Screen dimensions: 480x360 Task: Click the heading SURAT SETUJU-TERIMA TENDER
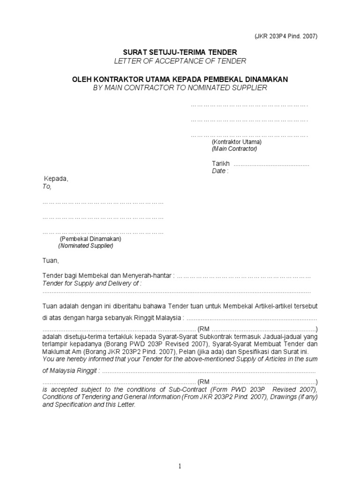coord(180,52)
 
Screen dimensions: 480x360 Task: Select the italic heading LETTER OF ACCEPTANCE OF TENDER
coord(180,61)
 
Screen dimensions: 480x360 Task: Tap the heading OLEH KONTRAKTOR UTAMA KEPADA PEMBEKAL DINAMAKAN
coord(180,79)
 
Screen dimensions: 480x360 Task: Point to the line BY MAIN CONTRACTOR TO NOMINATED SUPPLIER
coord(180,88)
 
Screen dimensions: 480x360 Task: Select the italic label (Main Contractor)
coord(234,149)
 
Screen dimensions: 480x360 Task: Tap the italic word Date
coord(218,171)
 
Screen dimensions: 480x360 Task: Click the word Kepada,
coord(56,179)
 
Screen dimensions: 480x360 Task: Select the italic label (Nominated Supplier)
coord(86,246)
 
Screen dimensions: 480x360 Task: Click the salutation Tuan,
coord(51,261)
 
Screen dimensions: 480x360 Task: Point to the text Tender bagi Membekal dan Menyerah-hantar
coord(108,276)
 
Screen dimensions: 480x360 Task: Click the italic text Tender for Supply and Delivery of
coord(91,284)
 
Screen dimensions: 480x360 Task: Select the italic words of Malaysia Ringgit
coord(70,370)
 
